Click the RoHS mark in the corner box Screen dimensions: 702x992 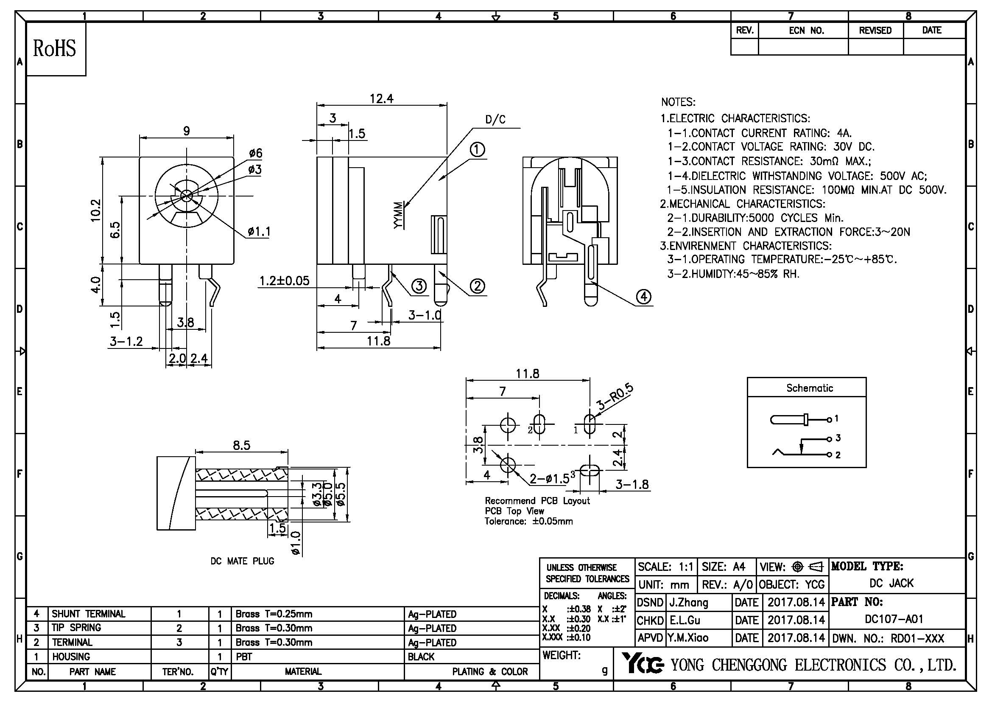[55, 48]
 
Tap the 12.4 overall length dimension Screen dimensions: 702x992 [382, 99]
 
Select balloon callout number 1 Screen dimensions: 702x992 [477, 150]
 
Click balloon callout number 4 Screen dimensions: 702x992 [644, 297]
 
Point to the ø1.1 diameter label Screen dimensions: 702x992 [259, 232]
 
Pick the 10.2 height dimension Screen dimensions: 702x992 [96, 210]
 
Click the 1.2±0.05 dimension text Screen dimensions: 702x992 [284, 281]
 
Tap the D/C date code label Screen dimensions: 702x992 [495, 120]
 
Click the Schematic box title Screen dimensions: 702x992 [809, 388]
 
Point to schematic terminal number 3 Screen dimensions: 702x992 [838, 438]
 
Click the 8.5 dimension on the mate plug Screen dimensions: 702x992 [241, 445]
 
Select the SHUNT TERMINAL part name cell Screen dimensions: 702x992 [89, 614]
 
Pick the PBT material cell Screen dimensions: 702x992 [243, 657]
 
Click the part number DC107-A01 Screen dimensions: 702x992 [894, 619]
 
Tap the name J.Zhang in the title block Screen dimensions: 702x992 [689, 602]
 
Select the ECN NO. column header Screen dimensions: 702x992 [806, 31]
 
